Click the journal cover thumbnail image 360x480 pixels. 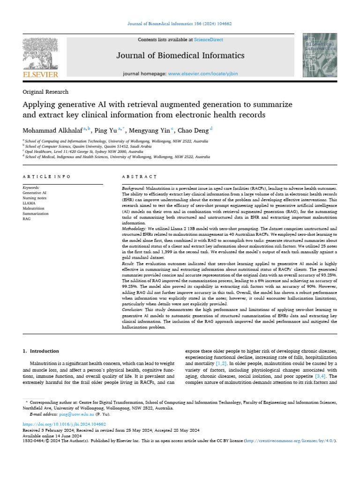pos(318,56)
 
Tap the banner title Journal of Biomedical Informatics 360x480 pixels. pos(180,56)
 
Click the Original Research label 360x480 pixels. pos(45,92)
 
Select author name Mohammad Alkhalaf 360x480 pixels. pos(52,130)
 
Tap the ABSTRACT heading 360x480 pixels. pos(139,177)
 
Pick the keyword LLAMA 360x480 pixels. pos(29,203)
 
